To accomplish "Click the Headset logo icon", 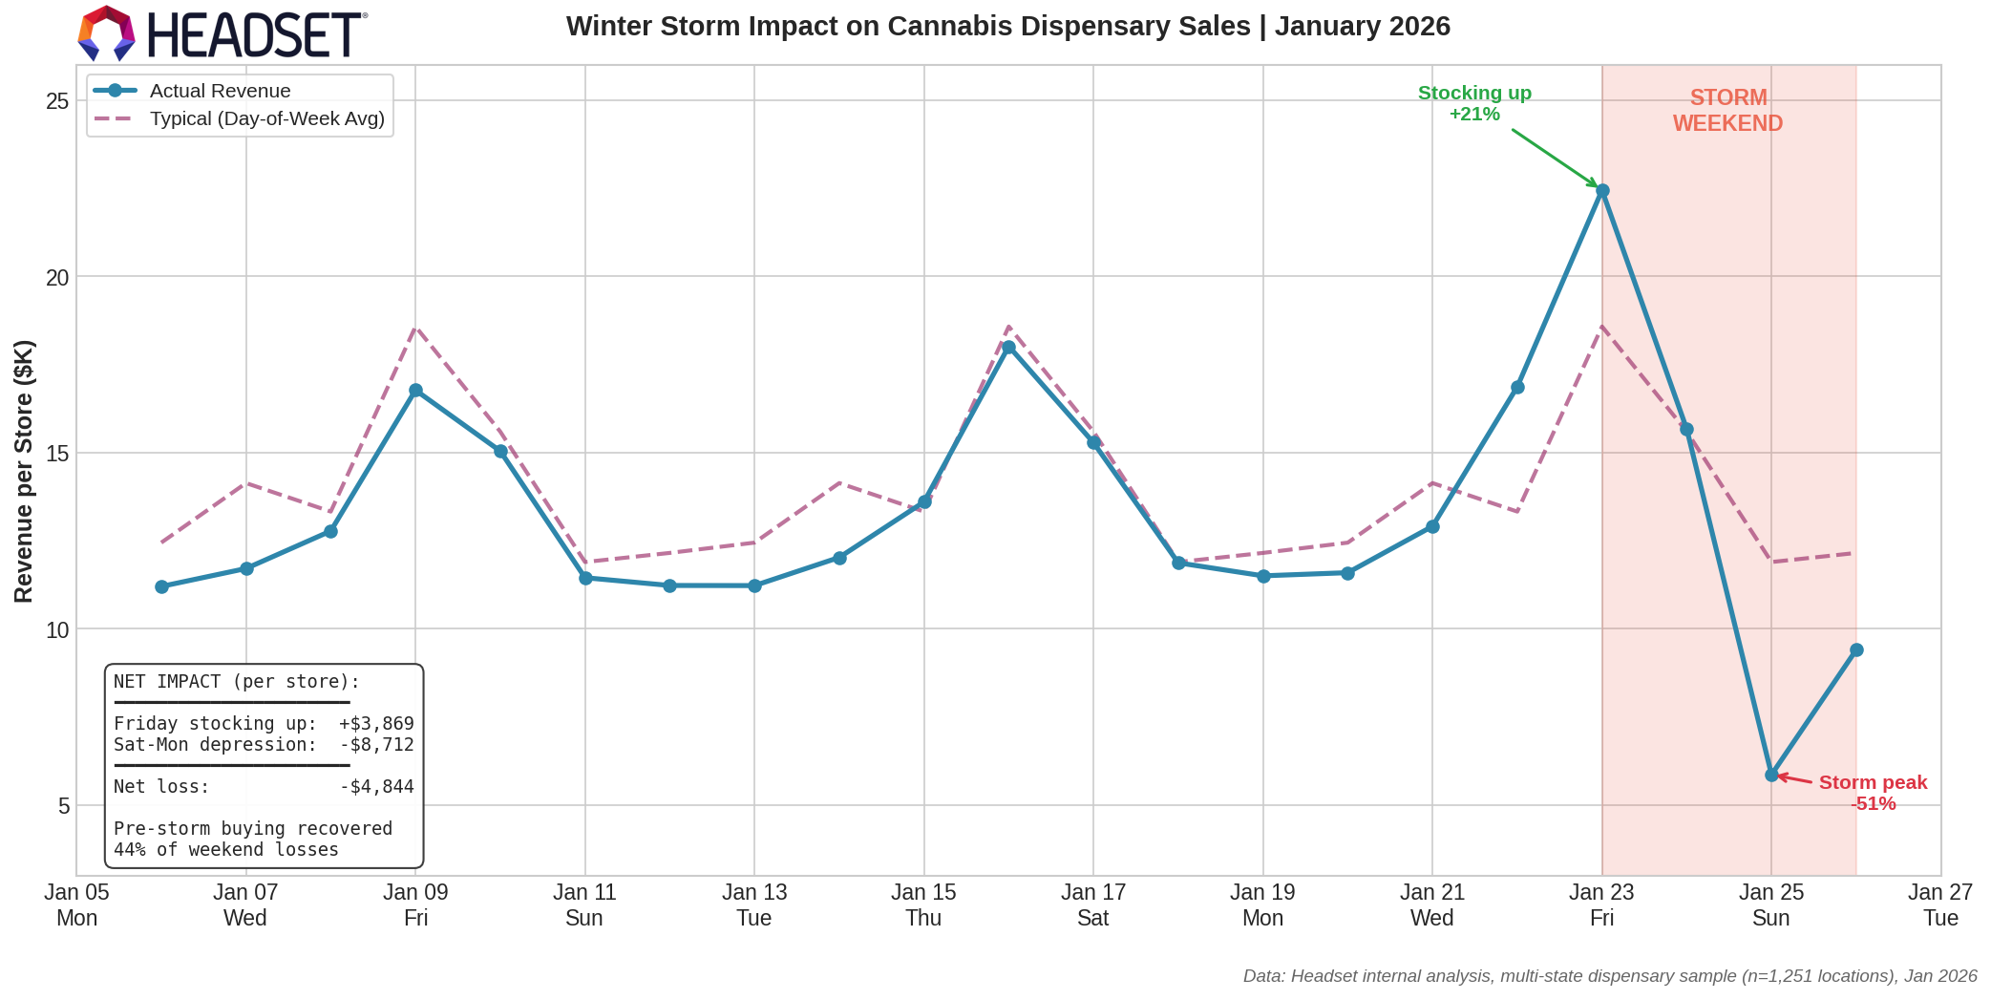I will pyautogui.click(x=106, y=32).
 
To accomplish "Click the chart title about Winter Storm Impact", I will pyautogui.click(x=1007, y=27).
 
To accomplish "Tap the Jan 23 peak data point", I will pyautogui.click(x=1602, y=191).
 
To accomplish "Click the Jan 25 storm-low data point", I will pyautogui.click(x=1771, y=775).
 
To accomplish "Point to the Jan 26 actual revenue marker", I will pyautogui.click(x=1856, y=649).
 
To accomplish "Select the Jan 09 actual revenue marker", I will pyautogui.click(x=415, y=391).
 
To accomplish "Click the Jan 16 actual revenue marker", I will pyautogui.click(x=1008, y=348).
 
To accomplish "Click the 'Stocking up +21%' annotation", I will pyautogui.click(x=1474, y=103).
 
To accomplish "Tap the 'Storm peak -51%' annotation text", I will pyautogui.click(x=1872, y=793).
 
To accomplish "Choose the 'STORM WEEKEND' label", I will pyautogui.click(x=1727, y=111).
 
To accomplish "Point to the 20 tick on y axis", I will pyautogui.click(x=57, y=277).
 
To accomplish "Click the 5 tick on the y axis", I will pyautogui.click(x=64, y=806).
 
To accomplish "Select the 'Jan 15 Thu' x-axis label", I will pyautogui.click(x=923, y=904).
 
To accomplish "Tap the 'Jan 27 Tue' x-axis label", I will pyautogui.click(x=1939, y=904).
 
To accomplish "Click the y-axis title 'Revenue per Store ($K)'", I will pyautogui.click(x=24, y=471).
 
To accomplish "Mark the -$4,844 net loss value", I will pyautogui.click(x=376, y=787).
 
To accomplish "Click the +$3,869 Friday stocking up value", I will pyautogui.click(x=376, y=724).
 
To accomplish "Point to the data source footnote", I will pyautogui.click(x=1609, y=976).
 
